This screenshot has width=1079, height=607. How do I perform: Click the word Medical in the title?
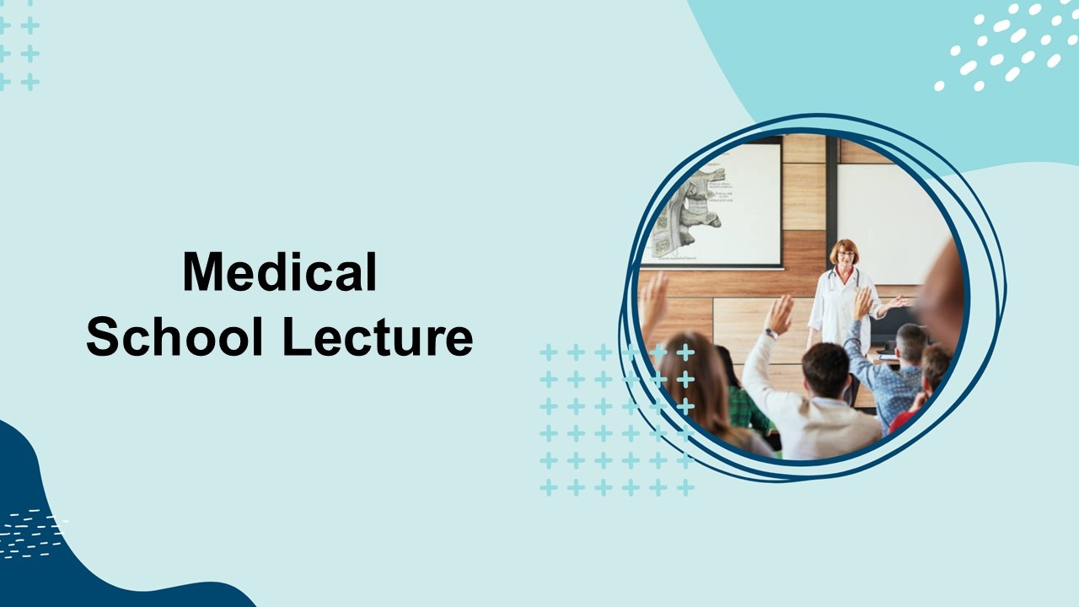pyautogui.click(x=279, y=271)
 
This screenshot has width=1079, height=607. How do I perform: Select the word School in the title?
pyautogui.click(x=174, y=336)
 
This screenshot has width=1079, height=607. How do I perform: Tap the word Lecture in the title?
pyautogui.click(x=378, y=336)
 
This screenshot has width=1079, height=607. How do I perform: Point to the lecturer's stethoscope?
pyautogui.click(x=843, y=279)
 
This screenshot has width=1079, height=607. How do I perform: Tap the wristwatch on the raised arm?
pyautogui.click(x=770, y=333)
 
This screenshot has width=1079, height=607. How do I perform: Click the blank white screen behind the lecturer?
pyautogui.click(x=891, y=224)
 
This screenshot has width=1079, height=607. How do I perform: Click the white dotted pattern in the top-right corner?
pyautogui.click(x=1007, y=46)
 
